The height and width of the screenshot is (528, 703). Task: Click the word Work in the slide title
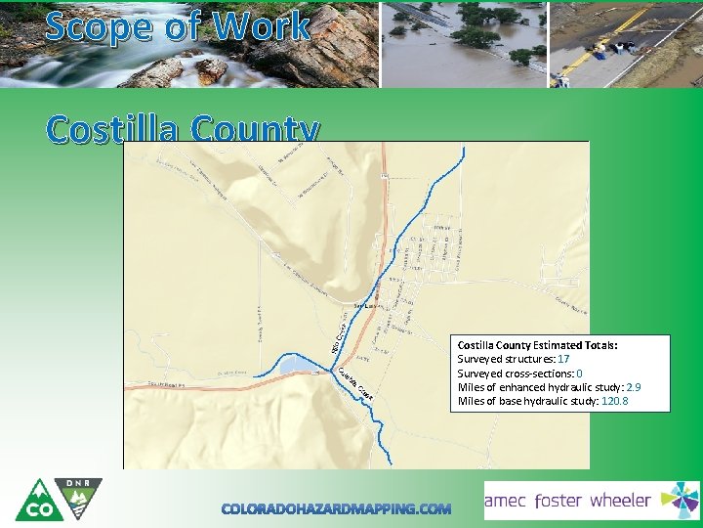pyautogui.click(x=263, y=25)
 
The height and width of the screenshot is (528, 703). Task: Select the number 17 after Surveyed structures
pyautogui.click(x=563, y=360)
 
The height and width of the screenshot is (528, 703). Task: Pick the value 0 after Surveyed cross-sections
pyautogui.click(x=579, y=374)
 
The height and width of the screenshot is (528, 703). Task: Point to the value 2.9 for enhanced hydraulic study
pyautogui.click(x=633, y=387)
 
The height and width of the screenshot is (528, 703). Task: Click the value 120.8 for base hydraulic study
pyautogui.click(x=614, y=401)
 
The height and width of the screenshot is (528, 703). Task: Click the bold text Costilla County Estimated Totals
pyautogui.click(x=537, y=345)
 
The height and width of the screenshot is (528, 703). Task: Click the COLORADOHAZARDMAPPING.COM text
pyautogui.click(x=336, y=508)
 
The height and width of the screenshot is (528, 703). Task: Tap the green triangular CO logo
pyautogui.click(x=38, y=503)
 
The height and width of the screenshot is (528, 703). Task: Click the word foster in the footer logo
pyautogui.click(x=571, y=501)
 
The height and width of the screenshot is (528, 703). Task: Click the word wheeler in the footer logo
pyautogui.click(x=620, y=501)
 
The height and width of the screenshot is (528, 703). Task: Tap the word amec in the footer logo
pyautogui.click(x=507, y=501)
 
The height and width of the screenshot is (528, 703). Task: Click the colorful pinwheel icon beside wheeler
pyautogui.click(x=680, y=500)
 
